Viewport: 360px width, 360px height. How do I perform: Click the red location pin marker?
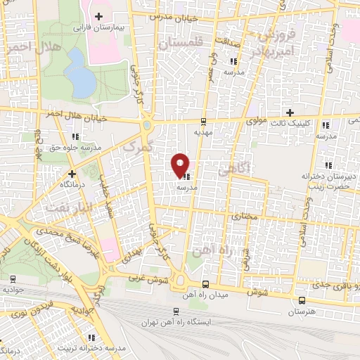click(x=181, y=165)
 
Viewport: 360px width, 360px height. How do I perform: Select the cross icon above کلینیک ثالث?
click(x=290, y=112)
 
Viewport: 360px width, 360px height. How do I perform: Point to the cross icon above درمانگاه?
click(x=72, y=173)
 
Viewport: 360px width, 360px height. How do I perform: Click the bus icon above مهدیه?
click(x=203, y=121)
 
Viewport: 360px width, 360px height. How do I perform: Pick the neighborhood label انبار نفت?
click(x=63, y=207)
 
